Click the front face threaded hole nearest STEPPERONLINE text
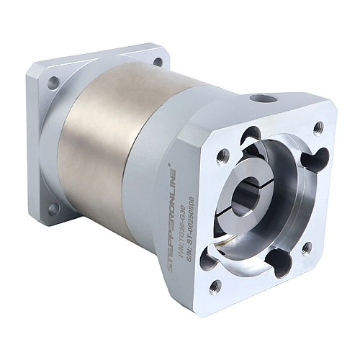[222, 154]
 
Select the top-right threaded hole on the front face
[318, 127]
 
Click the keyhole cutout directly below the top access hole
[251, 135]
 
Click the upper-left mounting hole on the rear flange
[53, 83]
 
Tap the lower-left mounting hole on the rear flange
[53, 208]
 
